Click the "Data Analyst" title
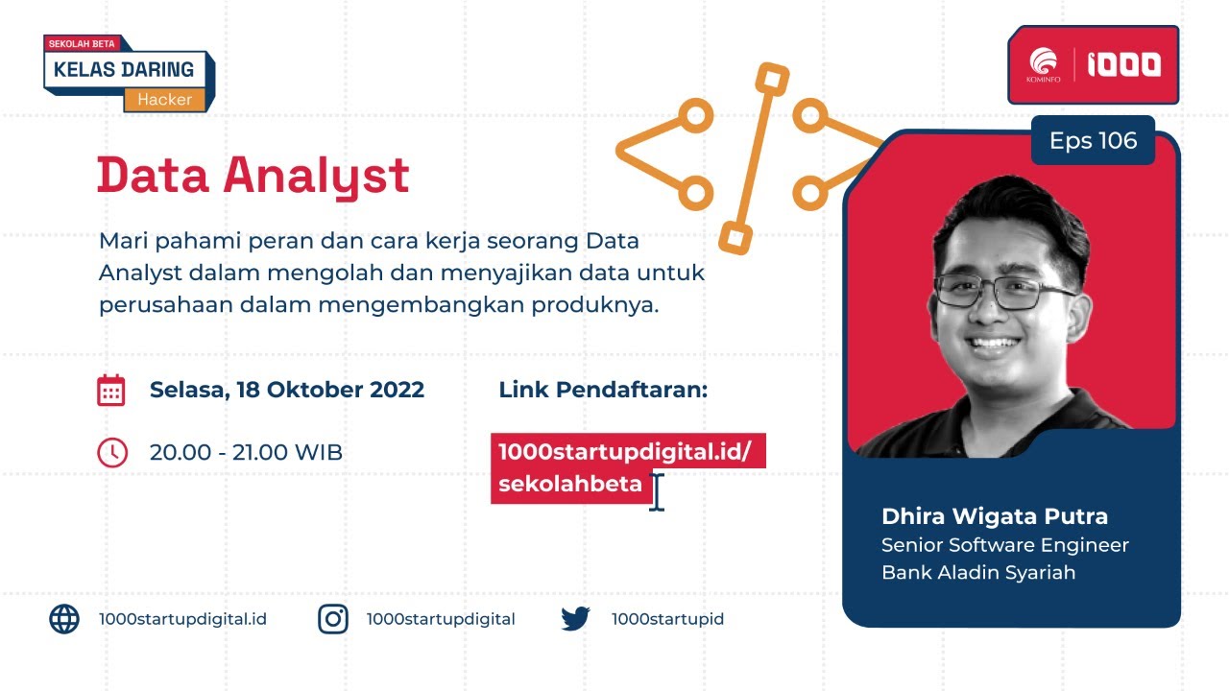(253, 177)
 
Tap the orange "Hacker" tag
(164, 99)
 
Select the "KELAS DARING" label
(124, 69)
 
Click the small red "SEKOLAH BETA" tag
(82, 43)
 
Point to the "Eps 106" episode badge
(1093, 141)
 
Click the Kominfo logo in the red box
(1043, 64)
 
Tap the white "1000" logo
(1123, 64)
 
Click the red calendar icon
(111, 391)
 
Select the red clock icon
(112, 452)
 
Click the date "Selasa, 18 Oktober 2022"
(287, 391)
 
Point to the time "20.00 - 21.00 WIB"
(246, 452)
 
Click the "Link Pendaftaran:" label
(603, 391)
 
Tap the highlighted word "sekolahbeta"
(570, 485)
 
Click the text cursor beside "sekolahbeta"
(657, 491)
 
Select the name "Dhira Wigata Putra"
(995, 516)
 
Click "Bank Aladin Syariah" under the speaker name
(978, 573)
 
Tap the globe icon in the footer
(64, 619)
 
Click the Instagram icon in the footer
(333, 619)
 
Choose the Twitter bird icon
(576, 619)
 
